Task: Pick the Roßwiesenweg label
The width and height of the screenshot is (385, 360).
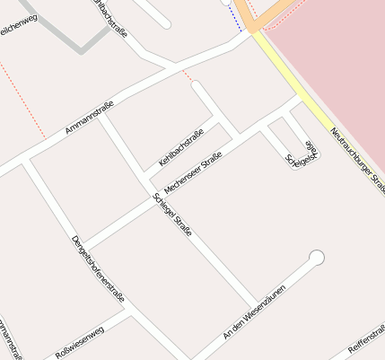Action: click(80, 342)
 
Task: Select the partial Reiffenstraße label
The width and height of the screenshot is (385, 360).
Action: click(365, 343)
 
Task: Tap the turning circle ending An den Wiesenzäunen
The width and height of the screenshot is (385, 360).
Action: click(316, 259)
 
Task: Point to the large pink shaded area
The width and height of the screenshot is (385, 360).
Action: click(332, 54)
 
